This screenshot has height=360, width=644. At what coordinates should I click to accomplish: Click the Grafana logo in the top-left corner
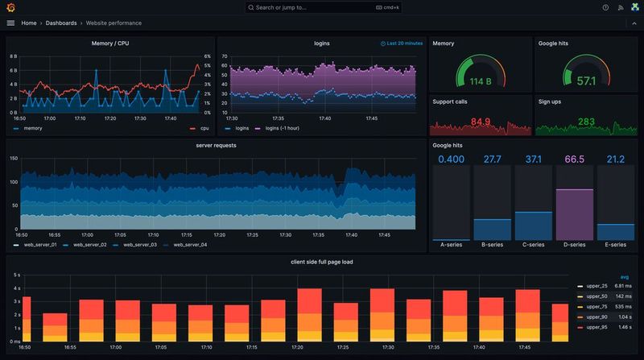(x=10, y=7)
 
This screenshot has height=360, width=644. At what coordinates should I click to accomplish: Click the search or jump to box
(x=322, y=7)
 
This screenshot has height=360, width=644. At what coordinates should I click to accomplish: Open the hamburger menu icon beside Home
(x=10, y=23)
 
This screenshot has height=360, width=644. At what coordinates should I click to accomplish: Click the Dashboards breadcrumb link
(x=61, y=23)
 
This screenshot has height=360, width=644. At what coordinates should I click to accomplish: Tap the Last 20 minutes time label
(x=402, y=43)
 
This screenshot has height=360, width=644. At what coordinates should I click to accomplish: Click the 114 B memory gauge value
(x=480, y=81)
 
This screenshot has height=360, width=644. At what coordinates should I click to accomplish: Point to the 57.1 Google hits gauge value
(x=586, y=81)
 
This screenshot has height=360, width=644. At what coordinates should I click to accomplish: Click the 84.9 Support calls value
(x=480, y=122)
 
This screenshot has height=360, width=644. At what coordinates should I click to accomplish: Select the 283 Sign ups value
(x=586, y=122)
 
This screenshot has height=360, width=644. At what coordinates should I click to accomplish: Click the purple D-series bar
(x=575, y=214)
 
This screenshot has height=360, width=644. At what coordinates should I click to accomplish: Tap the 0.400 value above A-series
(x=452, y=159)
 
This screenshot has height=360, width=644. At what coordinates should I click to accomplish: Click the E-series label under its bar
(x=616, y=245)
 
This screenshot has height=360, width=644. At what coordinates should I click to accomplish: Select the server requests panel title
(x=216, y=146)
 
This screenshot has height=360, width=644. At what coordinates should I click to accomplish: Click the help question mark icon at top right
(x=605, y=7)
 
